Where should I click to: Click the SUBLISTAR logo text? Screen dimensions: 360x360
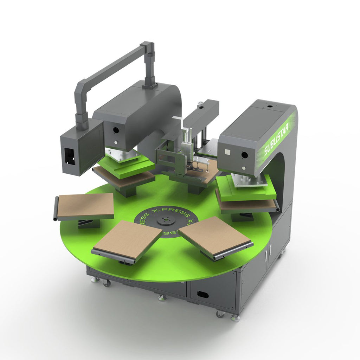coord(276,140)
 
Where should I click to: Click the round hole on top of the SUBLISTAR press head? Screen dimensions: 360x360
coord(270,105)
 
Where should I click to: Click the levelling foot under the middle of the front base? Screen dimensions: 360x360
coord(162,298)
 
